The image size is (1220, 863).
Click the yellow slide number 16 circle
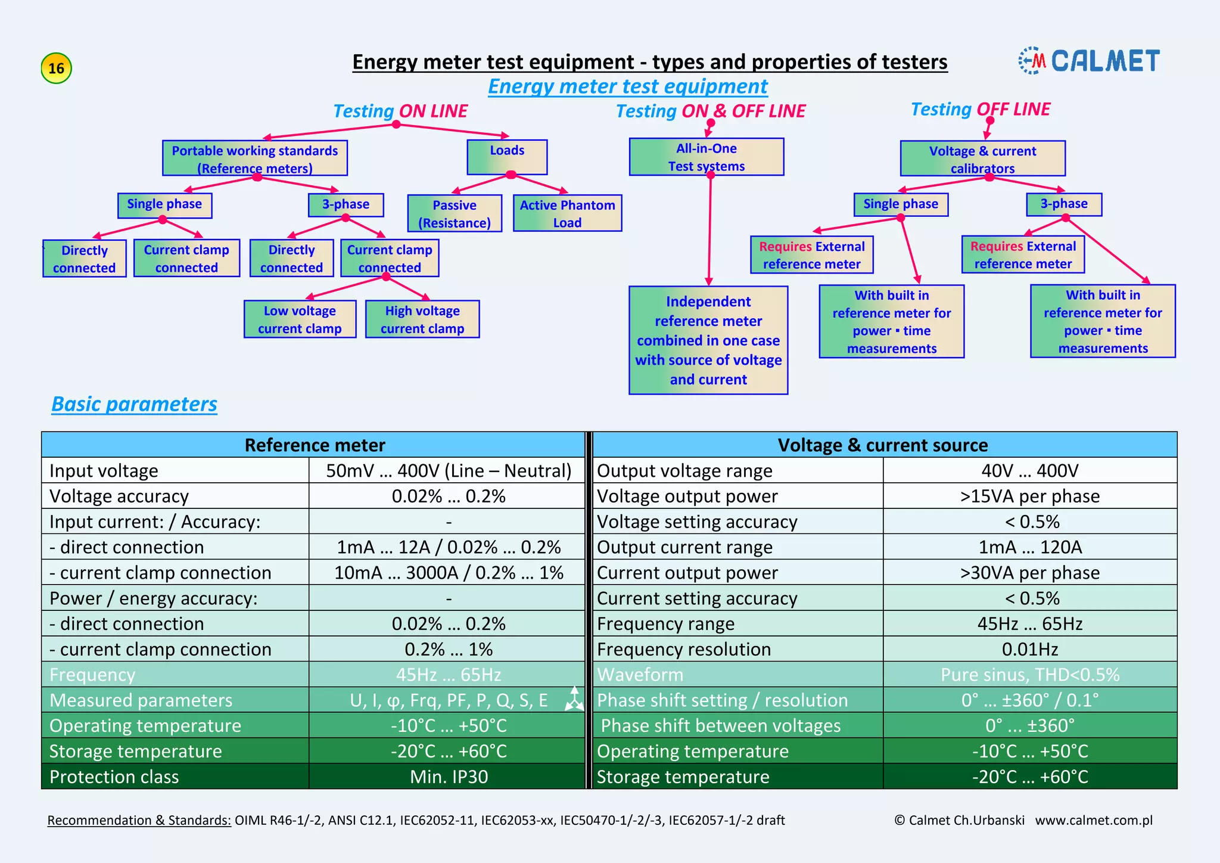56,68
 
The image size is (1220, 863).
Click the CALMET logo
1090,61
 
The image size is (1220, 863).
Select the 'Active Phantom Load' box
567,213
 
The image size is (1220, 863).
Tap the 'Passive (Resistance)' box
455,213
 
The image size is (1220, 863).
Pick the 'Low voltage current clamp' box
300,319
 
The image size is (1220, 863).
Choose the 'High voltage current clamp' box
422,319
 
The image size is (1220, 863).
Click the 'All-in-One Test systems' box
707,157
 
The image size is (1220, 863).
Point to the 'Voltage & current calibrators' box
982,159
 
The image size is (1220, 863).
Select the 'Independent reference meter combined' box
708,340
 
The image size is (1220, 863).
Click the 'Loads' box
507,157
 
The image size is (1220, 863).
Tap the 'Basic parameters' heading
134,404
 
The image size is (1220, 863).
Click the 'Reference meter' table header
314,445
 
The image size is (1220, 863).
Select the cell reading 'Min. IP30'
449,777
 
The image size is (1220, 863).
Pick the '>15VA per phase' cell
1029,496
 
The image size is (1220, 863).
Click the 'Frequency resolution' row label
684,649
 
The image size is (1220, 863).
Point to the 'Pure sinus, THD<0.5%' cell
1029,675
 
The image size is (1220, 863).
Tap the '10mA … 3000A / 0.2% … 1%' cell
449,573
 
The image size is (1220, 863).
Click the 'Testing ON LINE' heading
400,111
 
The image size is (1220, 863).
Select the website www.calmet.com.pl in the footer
1094,820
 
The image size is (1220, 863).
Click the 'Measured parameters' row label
141,700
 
